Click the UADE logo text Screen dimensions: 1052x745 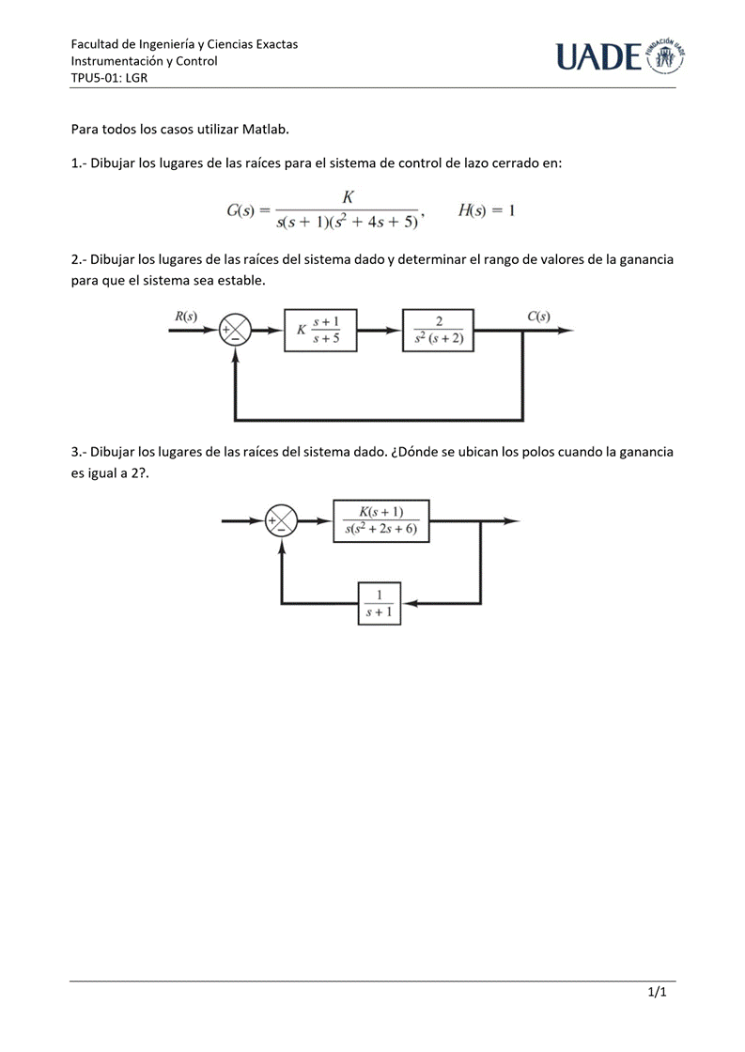point(598,58)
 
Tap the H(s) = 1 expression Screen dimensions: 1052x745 point(486,210)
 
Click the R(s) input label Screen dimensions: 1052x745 point(186,317)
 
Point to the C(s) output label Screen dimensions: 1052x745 point(538,317)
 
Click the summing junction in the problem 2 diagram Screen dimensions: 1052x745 point(235,330)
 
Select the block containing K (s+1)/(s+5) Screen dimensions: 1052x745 point(320,330)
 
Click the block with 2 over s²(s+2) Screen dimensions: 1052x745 point(439,330)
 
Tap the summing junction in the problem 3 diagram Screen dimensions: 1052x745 point(281,520)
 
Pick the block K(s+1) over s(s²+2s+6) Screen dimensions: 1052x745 point(381,521)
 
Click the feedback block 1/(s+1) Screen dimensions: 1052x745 point(379,603)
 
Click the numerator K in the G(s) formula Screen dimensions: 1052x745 point(348,197)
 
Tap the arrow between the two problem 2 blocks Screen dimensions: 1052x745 point(380,330)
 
